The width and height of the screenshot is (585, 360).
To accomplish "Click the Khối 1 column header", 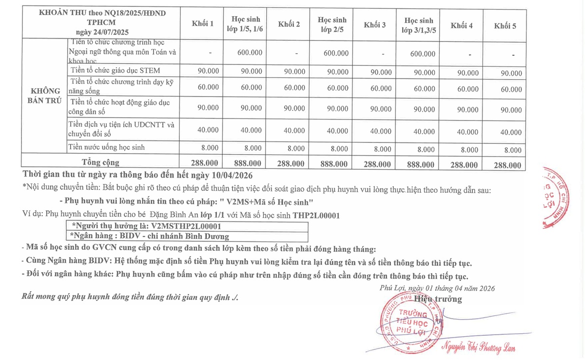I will [x=203, y=23].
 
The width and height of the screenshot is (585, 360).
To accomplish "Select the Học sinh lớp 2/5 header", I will [x=332, y=24].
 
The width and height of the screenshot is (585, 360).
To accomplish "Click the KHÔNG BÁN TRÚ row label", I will [x=45, y=95].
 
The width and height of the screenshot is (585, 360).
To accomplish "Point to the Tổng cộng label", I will [x=100, y=162].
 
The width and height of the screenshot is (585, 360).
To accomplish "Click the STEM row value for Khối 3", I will [x=381, y=72].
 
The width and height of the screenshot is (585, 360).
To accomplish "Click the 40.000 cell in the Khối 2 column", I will [x=294, y=130].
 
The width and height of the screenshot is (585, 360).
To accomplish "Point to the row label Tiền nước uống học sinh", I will [x=107, y=147].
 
